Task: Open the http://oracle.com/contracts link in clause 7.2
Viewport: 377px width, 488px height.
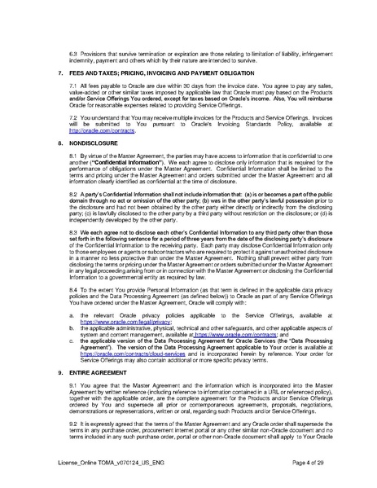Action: [101, 130]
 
